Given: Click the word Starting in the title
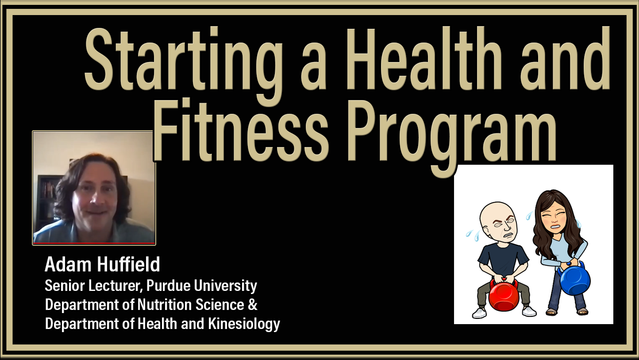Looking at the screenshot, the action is (x=184, y=66).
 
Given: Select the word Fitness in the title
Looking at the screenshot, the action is (x=241, y=130).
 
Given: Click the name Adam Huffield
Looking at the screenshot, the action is (x=102, y=264).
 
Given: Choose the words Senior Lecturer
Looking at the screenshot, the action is (x=93, y=286).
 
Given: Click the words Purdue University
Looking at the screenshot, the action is (x=202, y=286).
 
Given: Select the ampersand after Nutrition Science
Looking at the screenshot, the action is (x=253, y=305).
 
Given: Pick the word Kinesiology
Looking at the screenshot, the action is (x=244, y=324).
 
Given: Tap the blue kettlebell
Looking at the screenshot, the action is (x=574, y=279).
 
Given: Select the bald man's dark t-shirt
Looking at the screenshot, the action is (x=503, y=260).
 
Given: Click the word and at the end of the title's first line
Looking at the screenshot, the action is (x=565, y=58).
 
